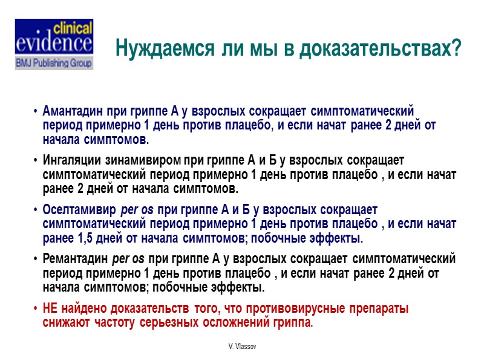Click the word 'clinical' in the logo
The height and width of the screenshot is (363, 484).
coord(74,28)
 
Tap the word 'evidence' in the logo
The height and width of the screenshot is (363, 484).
coord(54,44)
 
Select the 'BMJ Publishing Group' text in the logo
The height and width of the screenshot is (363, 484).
coord(54,62)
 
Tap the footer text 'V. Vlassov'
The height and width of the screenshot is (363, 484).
coord(241,345)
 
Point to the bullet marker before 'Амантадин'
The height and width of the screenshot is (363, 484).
coord(36,112)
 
